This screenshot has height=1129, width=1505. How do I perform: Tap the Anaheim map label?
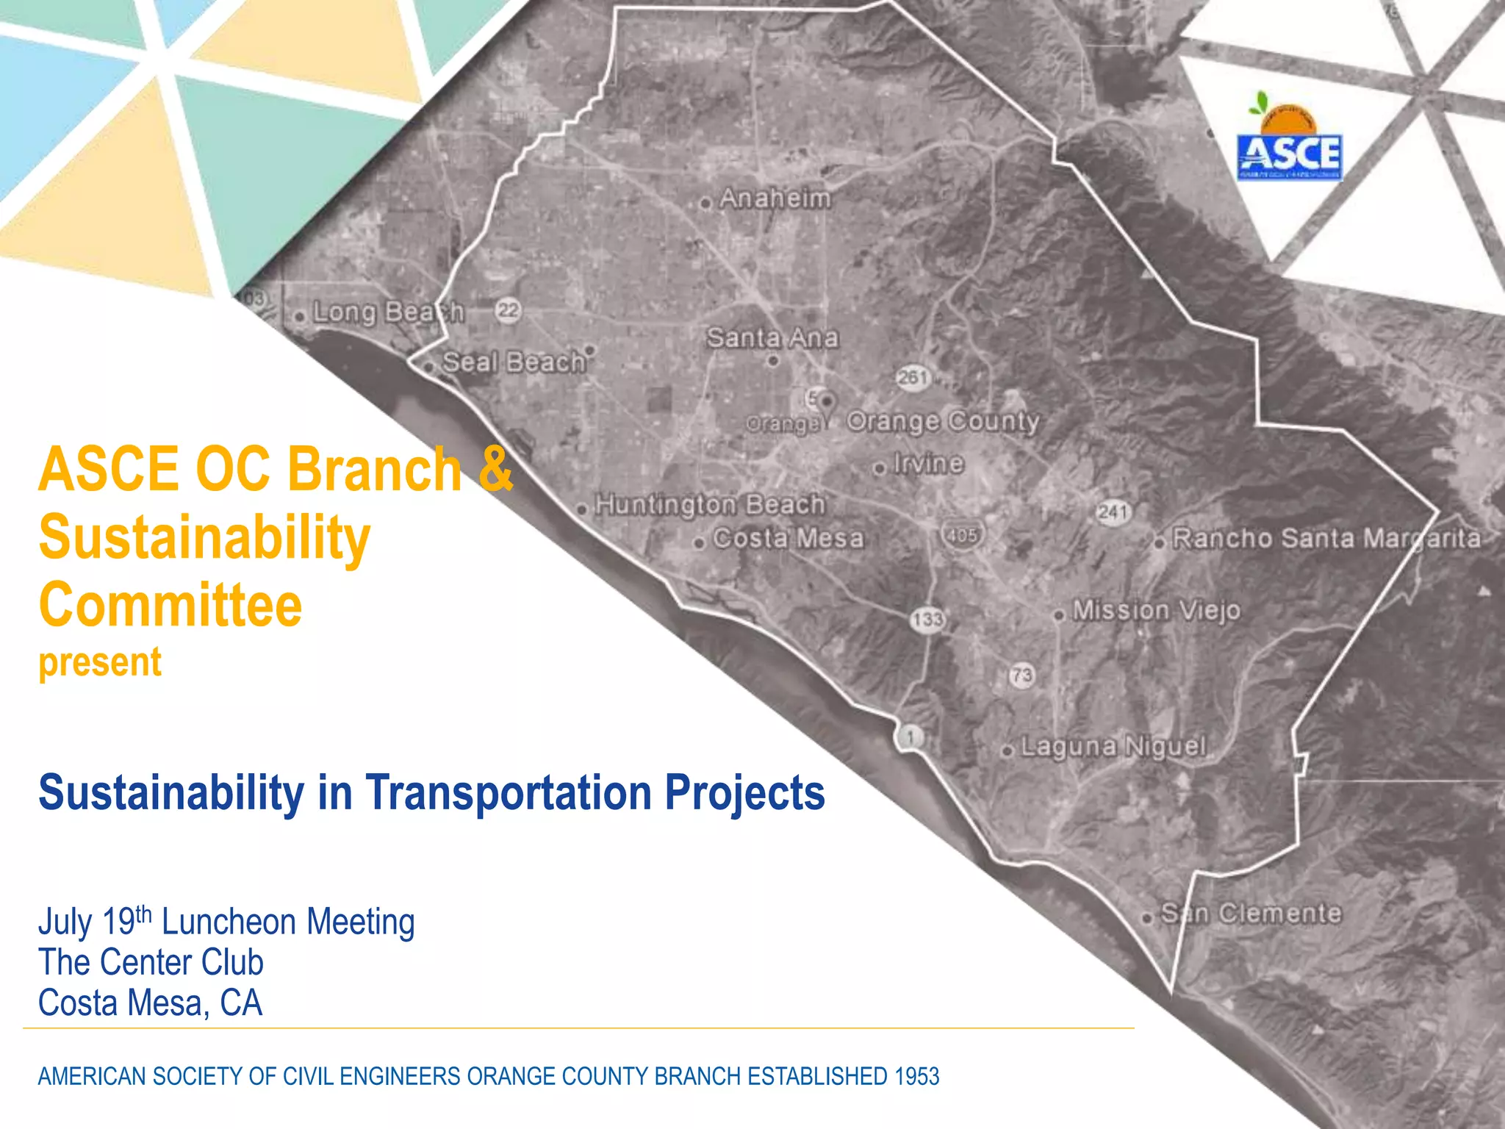[x=775, y=198]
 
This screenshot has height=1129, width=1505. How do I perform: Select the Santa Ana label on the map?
[x=772, y=338]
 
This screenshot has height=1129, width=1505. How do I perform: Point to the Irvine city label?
[x=927, y=464]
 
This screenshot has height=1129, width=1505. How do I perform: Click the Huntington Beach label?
[x=709, y=505]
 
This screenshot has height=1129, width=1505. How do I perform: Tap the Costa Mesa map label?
[x=788, y=539]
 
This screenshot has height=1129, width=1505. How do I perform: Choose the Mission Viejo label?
[x=1155, y=611]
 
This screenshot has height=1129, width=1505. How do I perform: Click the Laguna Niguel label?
[x=1113, y=747]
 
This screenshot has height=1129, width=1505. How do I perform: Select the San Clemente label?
[x=1251, y=914]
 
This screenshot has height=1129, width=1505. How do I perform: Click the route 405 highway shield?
[x=962, y=535]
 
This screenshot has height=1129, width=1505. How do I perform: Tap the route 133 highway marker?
[x=927, y=620]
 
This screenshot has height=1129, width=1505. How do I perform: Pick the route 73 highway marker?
[x=1021, y=675]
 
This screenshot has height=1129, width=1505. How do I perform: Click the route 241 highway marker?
[x=1113, y=512]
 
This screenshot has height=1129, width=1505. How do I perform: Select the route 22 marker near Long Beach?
[x=509, y=310]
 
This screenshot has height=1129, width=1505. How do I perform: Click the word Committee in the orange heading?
[x=170, y=605]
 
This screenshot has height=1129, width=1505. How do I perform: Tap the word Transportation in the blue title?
[x=509, y=793]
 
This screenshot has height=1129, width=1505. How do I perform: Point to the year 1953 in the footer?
[x=916, y=1077]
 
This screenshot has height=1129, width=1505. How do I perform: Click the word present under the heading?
[x=100, y=662]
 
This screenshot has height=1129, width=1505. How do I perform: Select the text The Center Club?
[x=151, y=962]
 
